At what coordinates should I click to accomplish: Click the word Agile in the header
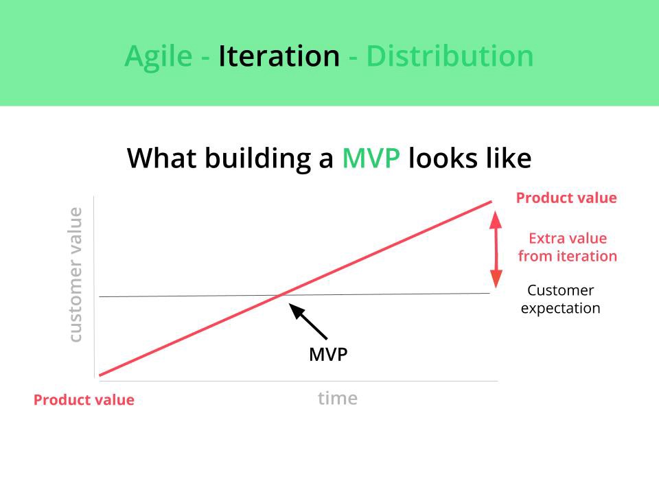pyautogui.click(x=159, y=57)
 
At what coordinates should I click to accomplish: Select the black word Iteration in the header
pyautogui.click(x=279, y=56)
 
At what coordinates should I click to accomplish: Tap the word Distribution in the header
pyautogui.click(x=450, y=56)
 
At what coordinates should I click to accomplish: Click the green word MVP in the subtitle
pyautogui.click(x=371, y=158)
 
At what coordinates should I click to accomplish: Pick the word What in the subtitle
pyautogui.click(x=162, y=158)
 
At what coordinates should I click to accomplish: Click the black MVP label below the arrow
pyautogui.click(x=328, y=355)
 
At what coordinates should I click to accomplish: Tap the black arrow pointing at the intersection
pyautogui.click(x=308, y=321)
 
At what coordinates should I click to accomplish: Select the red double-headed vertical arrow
pyautogui.click(x=496, y=250)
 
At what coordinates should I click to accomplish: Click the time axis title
pyautogui.click(x=338, y=398)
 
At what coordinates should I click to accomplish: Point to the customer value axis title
pyautogui.click(x=76, y=274)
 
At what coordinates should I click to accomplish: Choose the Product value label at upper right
pyautogui.click(x=566, y=198)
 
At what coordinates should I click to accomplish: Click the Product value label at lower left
pyautogui.click(x=84, y=400)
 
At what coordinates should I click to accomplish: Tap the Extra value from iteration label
pyautogui.click(x=568, y=248)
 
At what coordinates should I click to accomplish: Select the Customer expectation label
pyautogui.click(x=561, y=300)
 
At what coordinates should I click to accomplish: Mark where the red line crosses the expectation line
pyautogui.click(x=280, y=295)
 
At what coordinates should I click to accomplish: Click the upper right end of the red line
pyautogui.click(x=492, y=202)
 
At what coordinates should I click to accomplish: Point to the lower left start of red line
pyautogui.click(x=100, y=375)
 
